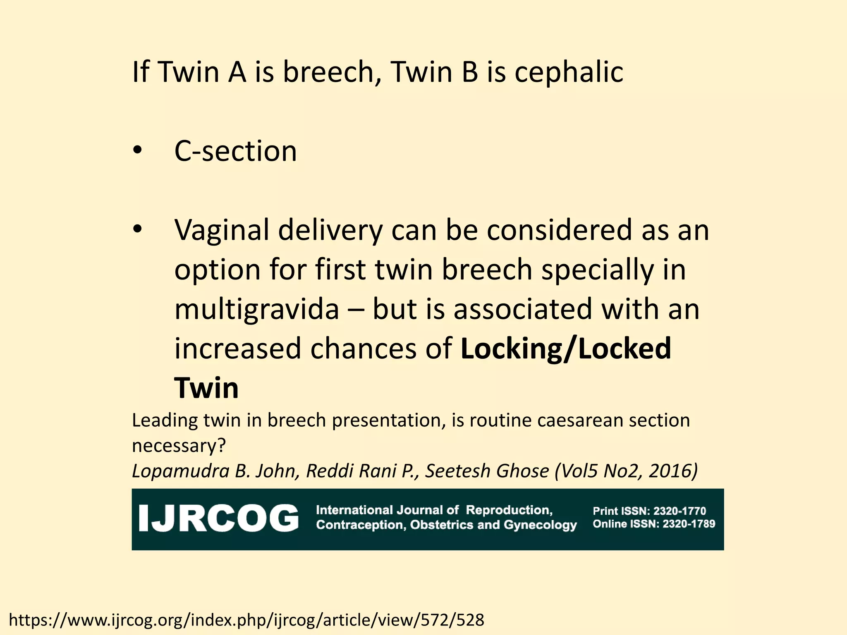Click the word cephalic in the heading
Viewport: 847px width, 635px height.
[569, 72]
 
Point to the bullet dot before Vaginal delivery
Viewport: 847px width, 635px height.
[137, 229]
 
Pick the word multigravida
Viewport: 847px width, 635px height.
[256, 310]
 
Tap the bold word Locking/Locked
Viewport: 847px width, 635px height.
[566, 349]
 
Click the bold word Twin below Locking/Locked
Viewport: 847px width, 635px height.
[206, 388]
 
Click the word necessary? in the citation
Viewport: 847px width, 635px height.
[179, 446]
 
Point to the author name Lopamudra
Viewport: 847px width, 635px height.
[180, 471]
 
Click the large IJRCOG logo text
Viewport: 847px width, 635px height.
[218, 518]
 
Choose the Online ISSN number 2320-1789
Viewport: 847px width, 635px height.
[689, 524]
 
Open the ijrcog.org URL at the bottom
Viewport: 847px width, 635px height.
[246, 620]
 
